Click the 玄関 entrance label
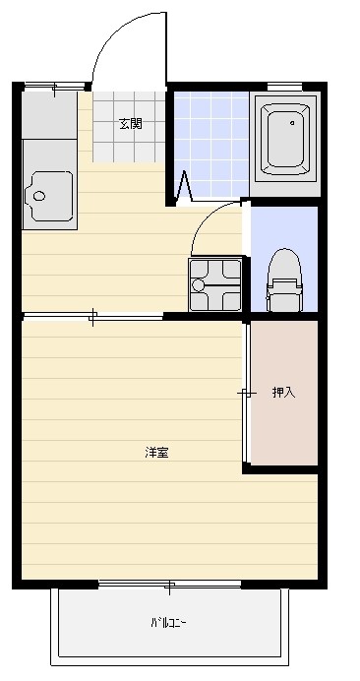click(130, 124)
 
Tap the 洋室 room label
click(156, 453)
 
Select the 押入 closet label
click(283, 392)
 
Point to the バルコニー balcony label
click(168, 623)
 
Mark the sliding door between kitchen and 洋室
click(92, 316)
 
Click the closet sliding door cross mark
click(245, 394)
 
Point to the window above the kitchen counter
click(53, 88)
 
